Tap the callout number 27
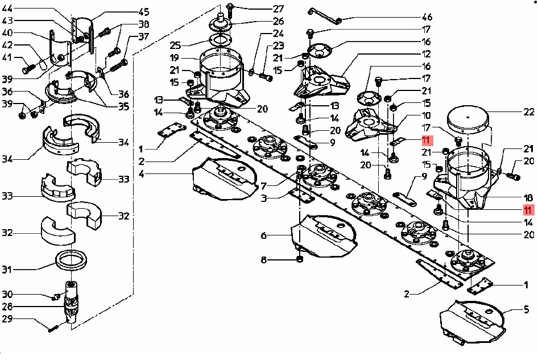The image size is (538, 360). coord(278,9)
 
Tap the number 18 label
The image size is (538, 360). coord(528,197)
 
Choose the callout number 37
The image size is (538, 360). coord(143,38)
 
